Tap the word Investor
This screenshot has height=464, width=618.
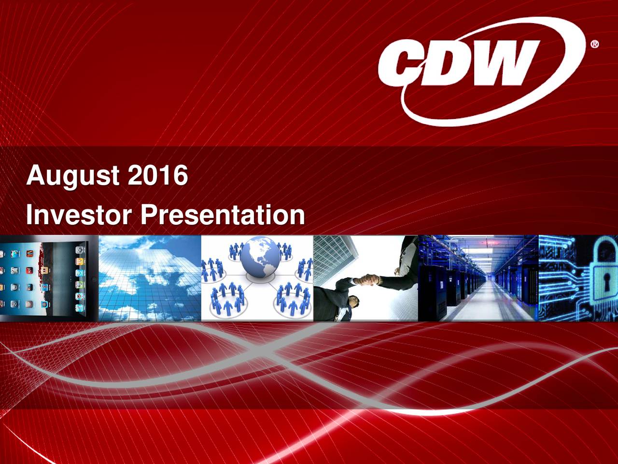tap(78, 215)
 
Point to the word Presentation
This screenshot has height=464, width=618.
tap(223, 215)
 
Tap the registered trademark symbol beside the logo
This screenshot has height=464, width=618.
tap(595, 44)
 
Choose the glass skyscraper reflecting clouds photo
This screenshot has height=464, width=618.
tap(149, 278)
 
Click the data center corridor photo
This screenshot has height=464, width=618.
tap(478, 278)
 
